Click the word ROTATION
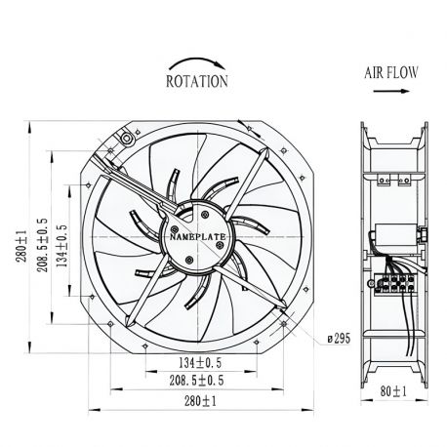click(x=197, y=82)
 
